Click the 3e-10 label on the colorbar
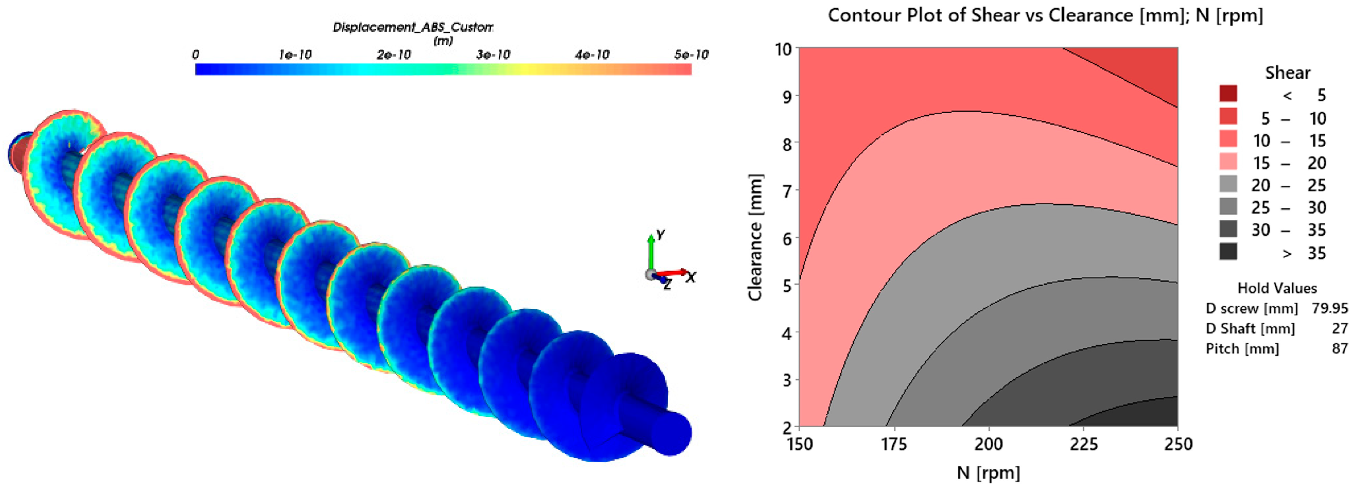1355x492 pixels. click(492, 55)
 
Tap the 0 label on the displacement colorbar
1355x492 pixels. click(196, 55)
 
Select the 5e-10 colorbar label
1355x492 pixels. click(691, 55)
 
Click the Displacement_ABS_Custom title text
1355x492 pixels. click(413, 27)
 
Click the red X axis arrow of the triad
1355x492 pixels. click(673, 272)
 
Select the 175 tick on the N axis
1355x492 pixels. click(894, 445)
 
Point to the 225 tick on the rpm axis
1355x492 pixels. click(1084, 445)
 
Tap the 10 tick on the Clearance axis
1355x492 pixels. click(783, 50)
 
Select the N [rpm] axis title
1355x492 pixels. click(988, 472)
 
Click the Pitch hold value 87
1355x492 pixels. click(1339, 349)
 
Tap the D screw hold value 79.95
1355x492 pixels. click(1329, 308)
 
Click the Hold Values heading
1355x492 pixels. click(1276, 288)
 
